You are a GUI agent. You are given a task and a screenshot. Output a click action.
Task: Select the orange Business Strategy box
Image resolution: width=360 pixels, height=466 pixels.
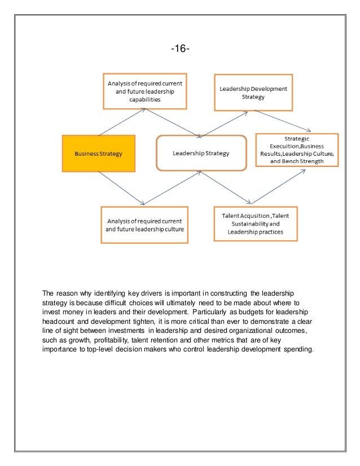click(99, 153)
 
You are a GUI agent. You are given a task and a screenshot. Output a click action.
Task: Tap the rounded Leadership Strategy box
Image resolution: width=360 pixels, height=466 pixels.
click(201, 153)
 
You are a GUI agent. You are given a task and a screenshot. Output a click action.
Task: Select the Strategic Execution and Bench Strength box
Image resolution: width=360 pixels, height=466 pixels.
click(297, 150)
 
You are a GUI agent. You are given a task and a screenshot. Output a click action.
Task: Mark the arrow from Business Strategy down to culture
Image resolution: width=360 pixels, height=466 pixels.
click(121, 188)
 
